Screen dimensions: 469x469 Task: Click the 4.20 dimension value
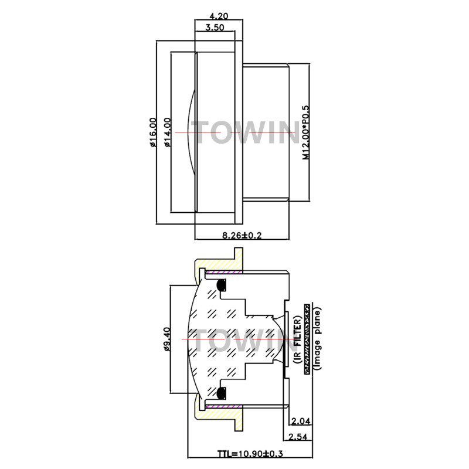click(x=217, y=17)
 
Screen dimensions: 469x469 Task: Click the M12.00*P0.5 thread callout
click(x=305, y=132)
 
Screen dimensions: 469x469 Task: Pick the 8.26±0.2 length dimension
click(x=241, y=236)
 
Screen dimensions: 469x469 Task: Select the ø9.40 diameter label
click(x=167, y=339)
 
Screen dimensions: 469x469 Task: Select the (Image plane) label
click(x=317, y=339)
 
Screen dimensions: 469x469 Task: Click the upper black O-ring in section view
click(x=222, y=286)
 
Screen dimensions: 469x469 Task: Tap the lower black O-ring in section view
click(x=222, y=393)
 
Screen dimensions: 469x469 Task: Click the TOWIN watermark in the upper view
click(x=246, y=132)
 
